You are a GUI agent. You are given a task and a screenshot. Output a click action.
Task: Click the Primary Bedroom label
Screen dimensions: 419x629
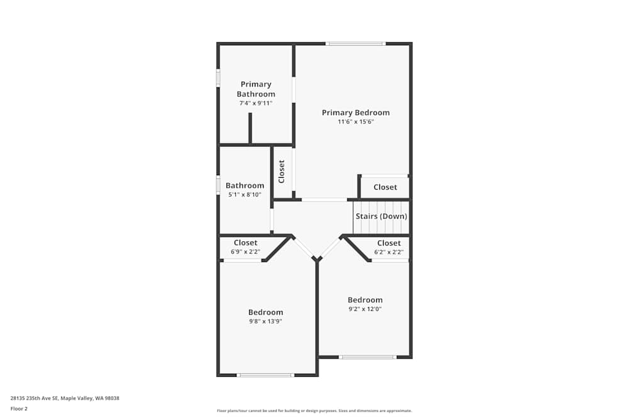coord(355,113)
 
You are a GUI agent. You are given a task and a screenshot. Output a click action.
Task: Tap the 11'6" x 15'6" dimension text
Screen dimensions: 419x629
coord(355,122)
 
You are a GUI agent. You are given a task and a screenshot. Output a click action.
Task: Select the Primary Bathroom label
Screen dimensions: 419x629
coord(256,89)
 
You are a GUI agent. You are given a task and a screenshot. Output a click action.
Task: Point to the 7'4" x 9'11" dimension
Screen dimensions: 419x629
coord(256,103)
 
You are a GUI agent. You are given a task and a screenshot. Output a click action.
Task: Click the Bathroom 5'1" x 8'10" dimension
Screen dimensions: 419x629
coord(245,195)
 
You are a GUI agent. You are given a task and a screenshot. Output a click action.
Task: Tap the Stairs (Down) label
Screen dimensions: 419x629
coord(381,216)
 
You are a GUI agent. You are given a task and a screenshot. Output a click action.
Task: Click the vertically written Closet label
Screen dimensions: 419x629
coord(282,171)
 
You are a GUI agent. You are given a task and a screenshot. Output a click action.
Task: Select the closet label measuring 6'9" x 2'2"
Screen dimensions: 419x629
coord(245,242)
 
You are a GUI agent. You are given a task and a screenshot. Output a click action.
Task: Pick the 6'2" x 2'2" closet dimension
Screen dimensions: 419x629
coord(389,252)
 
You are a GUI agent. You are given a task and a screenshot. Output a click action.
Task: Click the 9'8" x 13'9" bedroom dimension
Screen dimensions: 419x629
coord(265,322)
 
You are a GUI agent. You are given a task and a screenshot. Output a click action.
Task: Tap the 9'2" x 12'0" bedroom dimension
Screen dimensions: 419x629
coord(365,309)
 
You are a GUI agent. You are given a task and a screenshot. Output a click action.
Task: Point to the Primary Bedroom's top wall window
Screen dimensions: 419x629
coord(355,43)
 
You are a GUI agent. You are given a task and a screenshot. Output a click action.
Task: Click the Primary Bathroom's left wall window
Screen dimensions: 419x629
coord(218,78)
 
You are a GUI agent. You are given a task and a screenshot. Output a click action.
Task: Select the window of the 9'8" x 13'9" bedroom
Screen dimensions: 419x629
coord(265,375)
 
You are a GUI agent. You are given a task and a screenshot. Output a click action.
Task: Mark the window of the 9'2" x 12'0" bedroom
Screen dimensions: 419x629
coord(367,357)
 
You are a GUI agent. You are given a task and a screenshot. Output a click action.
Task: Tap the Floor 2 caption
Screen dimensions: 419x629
coord(19,408)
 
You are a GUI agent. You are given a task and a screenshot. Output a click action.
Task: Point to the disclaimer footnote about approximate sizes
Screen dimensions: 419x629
coord(314,411)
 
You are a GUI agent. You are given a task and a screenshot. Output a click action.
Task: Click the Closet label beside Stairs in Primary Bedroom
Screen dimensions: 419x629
coord(385,187)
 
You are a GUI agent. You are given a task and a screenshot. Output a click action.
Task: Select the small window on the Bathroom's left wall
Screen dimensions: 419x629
coord(218,185)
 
